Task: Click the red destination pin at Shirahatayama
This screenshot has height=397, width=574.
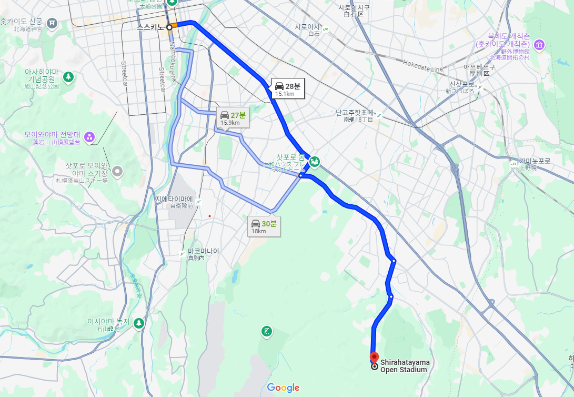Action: coord(374,357)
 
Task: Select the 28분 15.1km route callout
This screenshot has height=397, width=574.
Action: coord(288,89)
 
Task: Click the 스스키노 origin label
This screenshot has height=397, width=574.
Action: coord(150,27)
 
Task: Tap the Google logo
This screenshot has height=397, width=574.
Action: coord(283,388)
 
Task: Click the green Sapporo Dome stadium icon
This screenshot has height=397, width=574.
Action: coord(314,162)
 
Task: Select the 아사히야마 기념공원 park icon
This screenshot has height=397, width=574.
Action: coord(68,77)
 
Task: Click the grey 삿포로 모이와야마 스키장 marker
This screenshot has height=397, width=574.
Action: coord(117,171)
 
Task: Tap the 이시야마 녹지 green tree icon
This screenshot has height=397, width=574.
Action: coord(138,323)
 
